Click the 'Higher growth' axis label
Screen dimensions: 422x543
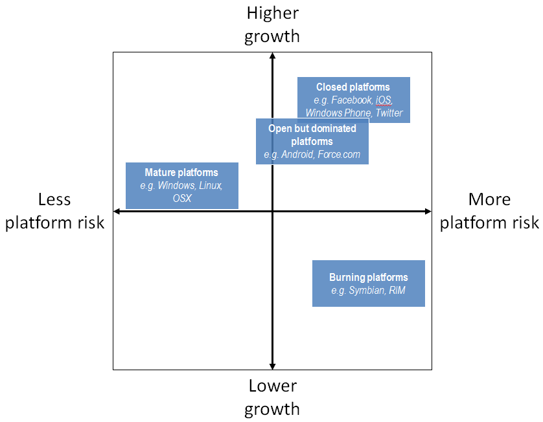[x=272, y=25]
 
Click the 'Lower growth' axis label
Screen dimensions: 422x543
[x=273, y=397]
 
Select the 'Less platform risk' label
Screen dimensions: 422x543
[x=54, y=211]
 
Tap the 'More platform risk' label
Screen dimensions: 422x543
[x=489, y=211]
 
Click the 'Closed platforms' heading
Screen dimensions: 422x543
[x=353, y=87]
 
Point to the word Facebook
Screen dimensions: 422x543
[x=352, y=100]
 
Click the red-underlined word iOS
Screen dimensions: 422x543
[x=384, y=100]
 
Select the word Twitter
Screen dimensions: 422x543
[x=389, y=113]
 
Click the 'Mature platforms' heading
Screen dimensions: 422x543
[x=181, y=173]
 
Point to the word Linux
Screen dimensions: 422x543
[x=209, y=186]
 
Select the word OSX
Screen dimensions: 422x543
[x=181, y=198]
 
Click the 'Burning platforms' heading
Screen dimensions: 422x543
[x=368, y=278]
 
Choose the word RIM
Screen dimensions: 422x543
[x=397, y=291]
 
